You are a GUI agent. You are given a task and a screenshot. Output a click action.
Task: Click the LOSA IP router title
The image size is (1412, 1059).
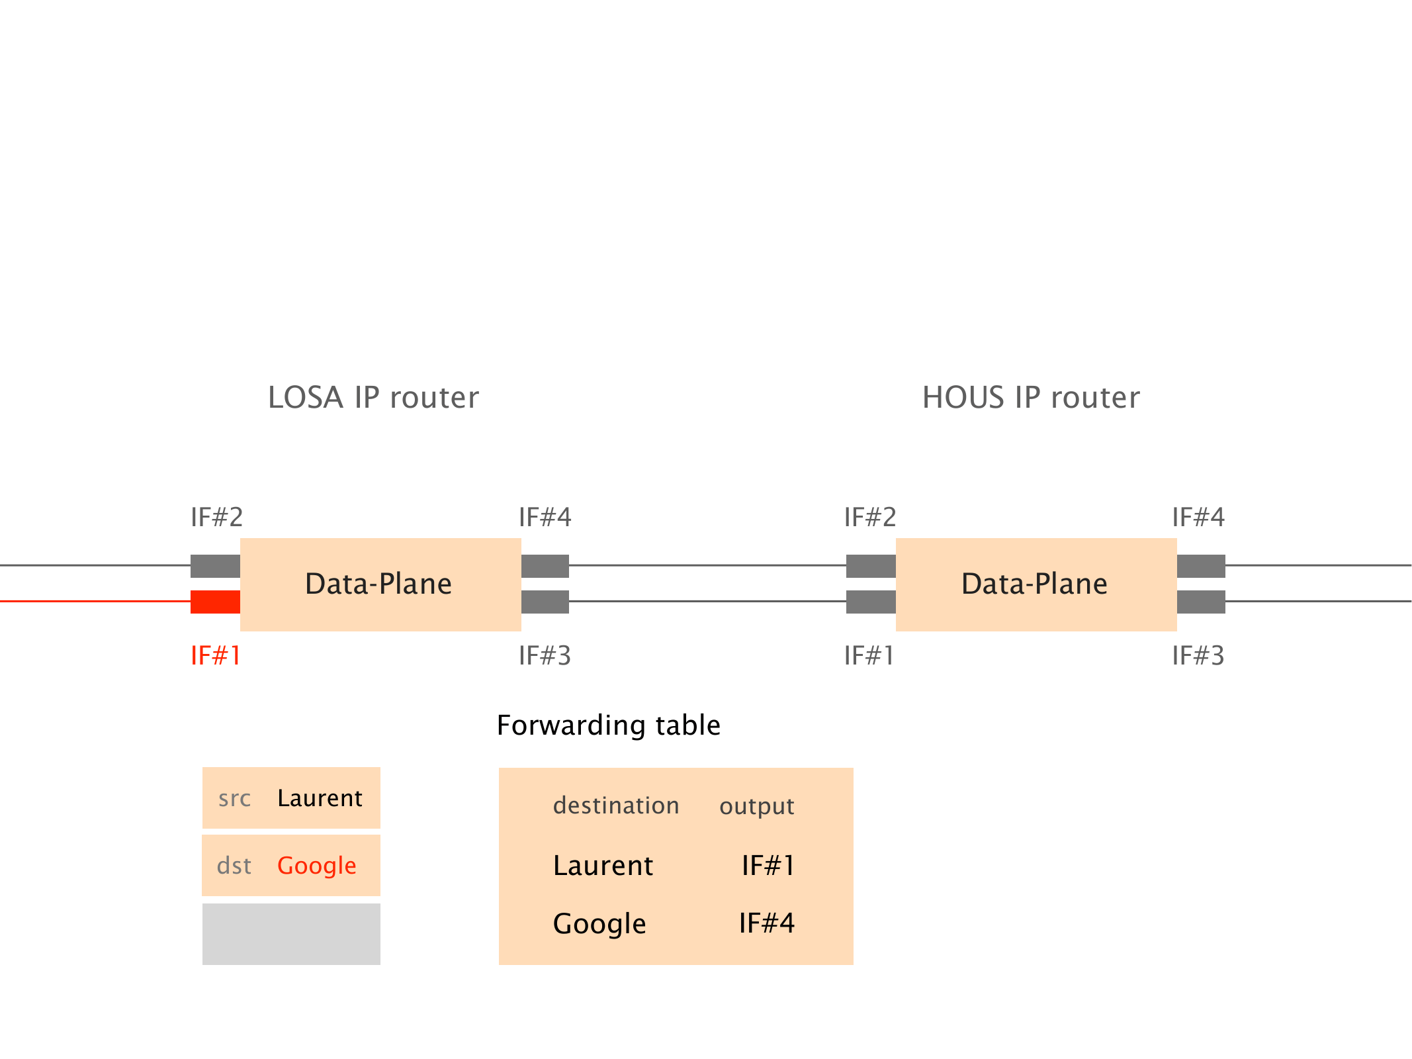373,398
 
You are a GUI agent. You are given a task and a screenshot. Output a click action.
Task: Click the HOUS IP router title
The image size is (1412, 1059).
1031,398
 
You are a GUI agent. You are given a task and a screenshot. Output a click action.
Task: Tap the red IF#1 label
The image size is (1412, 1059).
215,656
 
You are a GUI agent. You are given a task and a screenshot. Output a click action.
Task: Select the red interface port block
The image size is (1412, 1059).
215,602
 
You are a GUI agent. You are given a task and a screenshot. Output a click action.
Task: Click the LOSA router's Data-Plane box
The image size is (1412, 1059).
380,584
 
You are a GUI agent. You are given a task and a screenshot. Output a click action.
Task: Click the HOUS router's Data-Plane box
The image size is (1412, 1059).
1036,584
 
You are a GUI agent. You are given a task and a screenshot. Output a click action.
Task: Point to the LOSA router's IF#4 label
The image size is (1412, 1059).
545,517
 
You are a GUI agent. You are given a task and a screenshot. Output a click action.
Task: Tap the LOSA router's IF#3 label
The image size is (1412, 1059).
545,656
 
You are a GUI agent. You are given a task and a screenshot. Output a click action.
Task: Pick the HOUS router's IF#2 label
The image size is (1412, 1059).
870,517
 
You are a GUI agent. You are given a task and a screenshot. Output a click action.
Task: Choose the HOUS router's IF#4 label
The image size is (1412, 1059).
1198,517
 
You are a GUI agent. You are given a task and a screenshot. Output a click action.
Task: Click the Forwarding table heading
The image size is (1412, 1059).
608,725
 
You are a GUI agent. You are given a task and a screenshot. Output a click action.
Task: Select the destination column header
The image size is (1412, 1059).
616,806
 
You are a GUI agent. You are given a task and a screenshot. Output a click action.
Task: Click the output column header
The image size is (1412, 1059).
756,806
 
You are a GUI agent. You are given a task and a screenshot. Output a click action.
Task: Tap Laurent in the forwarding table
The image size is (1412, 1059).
603,866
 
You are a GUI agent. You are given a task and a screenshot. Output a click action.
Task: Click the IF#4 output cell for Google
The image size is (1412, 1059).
767,923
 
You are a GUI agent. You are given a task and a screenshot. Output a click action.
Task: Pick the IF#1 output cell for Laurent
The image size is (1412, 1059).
768,866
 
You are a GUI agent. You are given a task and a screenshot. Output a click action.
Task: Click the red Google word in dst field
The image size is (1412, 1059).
316,866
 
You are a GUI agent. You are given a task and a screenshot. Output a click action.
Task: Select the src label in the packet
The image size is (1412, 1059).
235,798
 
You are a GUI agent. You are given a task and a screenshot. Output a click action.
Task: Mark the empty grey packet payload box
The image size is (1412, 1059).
291,934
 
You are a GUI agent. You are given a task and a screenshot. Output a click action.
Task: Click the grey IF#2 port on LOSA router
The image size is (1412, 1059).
215,566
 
